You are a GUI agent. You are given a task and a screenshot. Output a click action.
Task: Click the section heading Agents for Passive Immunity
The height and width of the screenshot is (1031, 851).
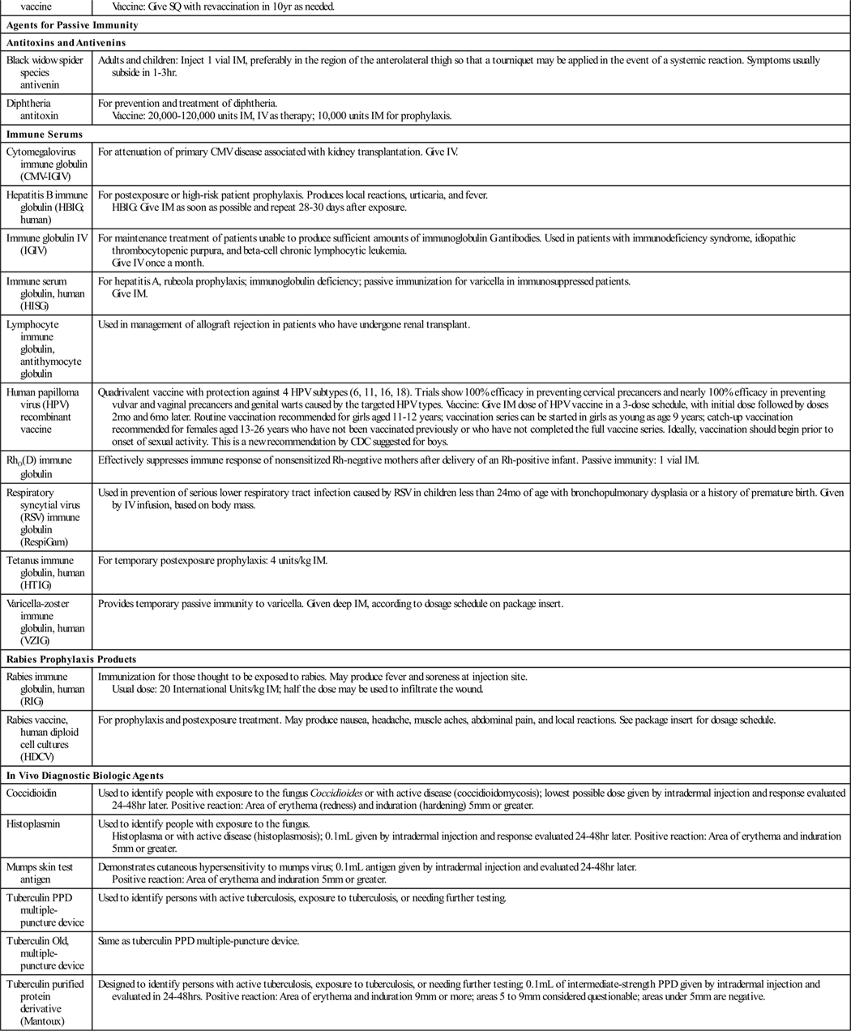point(72,24)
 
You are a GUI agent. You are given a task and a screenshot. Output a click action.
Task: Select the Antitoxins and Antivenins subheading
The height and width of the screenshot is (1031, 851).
point(66,42)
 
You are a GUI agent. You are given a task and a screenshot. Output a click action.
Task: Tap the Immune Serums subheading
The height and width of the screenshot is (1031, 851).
point(45,134)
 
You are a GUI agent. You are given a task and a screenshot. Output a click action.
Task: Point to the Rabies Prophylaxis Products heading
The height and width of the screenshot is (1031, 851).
point(71,659)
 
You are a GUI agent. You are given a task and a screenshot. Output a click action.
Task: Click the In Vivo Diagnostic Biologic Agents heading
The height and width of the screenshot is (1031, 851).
point(85,776)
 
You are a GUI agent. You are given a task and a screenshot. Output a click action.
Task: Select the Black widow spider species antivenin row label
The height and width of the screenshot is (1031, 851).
point(45,73)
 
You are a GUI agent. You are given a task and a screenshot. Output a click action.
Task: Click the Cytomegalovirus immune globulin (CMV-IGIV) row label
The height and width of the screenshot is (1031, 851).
point(47,164)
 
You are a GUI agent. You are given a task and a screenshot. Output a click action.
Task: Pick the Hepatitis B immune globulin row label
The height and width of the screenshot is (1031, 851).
point(47,207)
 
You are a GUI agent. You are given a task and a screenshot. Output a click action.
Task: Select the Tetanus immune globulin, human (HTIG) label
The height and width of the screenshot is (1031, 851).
point(45,572)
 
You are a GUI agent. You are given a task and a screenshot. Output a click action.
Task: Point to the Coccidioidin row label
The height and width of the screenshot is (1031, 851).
point(32,793)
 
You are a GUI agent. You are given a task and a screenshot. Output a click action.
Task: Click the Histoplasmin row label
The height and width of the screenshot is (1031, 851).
point(34,824)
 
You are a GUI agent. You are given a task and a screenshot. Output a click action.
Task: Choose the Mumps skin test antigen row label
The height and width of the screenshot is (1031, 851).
point(40,873)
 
